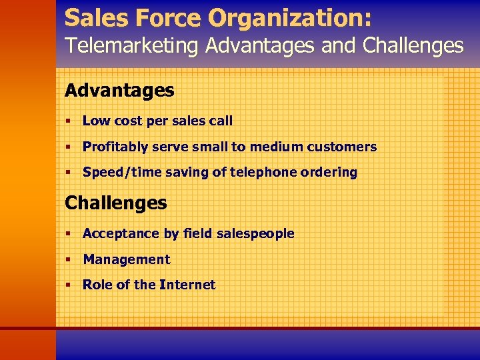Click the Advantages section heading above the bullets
119,91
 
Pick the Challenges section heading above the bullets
115,203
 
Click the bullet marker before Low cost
69,121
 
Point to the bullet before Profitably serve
69,147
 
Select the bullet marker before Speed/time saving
69,172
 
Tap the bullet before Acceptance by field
69,233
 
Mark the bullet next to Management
69,259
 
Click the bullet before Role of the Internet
69,285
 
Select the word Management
126,259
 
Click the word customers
344,147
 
